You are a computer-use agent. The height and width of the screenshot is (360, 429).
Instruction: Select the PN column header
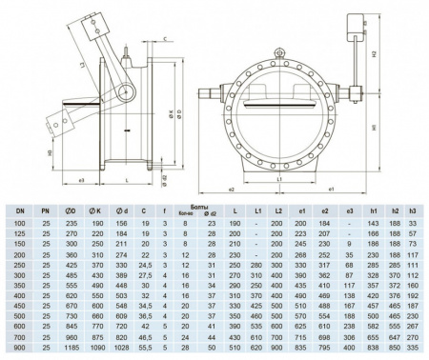pyautogui.click(x=44, y=208)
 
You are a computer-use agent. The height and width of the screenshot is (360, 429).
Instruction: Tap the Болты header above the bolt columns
pyautogui.click(x=199, y=204)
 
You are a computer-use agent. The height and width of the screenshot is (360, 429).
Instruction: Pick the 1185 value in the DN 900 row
pyautogui.click(x=70, y=351)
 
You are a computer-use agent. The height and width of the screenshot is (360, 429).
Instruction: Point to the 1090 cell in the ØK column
pyautogui.click(x=95, y=351)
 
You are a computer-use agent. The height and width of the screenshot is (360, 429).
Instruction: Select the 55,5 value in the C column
pyautogui.click(x=146, y=351)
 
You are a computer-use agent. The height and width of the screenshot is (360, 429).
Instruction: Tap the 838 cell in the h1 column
pyautogui.click(x=373, y=351)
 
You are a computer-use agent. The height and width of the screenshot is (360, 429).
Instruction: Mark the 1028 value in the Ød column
pyautogui.click(x=120, y=351)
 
